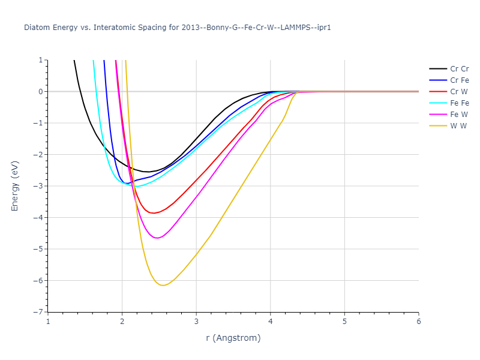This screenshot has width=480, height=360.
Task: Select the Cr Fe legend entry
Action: pyautogui.click(x=460, y=80)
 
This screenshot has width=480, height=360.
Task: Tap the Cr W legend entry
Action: pyautogui.click(x=459, y=91)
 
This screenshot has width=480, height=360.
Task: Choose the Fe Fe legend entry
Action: pyautogui.click(x=460, y=103)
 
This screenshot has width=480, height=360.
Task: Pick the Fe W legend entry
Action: pyautogui.click(x=459, y=114)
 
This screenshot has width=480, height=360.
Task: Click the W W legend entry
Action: pyautogui.click(x=458, y=125)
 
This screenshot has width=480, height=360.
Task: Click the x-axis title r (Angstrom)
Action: pyautogui.click(x=233, y=338)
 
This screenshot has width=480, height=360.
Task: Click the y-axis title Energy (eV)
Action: pyautogui.click(x=15, y=186)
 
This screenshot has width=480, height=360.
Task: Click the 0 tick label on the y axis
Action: pyautogui.click(x=41, y=92)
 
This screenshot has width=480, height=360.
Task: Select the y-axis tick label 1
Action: pyautogui.click(x=41, y=60)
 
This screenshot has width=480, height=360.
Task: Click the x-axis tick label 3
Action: pyautogui.click(x=196, y=321)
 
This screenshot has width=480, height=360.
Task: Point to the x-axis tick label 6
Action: pyautogui.click(x=419, y=321)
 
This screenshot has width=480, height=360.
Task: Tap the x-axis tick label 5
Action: pyautogui.click(x=344, y=321)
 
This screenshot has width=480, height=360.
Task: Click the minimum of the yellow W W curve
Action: pyautogui.click(x=162, y=285)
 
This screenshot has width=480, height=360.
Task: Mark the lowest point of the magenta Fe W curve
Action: pyautogui.click(x=157, y=238)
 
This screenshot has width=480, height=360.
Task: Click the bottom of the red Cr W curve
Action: pyautogui.click(x=154, y=213)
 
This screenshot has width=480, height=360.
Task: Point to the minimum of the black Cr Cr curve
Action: pyautogui.click(x=147, y=172)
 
